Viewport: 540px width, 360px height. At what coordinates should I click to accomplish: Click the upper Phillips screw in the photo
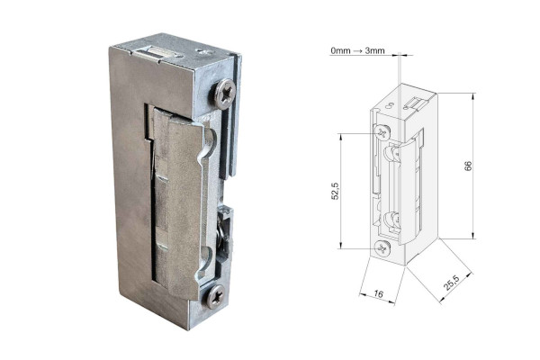pos(224,94)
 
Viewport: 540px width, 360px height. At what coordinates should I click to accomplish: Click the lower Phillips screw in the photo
pos(216,296)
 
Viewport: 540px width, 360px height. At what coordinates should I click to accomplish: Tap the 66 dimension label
pos(468,166)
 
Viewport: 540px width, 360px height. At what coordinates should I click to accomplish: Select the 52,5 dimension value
pos(335,191)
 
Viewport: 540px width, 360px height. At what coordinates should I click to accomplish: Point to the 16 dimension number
pos(378,294)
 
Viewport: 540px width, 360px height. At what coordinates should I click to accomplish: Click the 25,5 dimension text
pos(451,283)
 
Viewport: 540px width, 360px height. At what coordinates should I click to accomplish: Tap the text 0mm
pos(340,50)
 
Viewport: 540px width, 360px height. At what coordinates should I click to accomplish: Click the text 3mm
pos(374,50)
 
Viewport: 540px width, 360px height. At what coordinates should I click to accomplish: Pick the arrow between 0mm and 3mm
pos(357,51)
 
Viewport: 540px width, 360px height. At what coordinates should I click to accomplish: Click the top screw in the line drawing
pos(382,132)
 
